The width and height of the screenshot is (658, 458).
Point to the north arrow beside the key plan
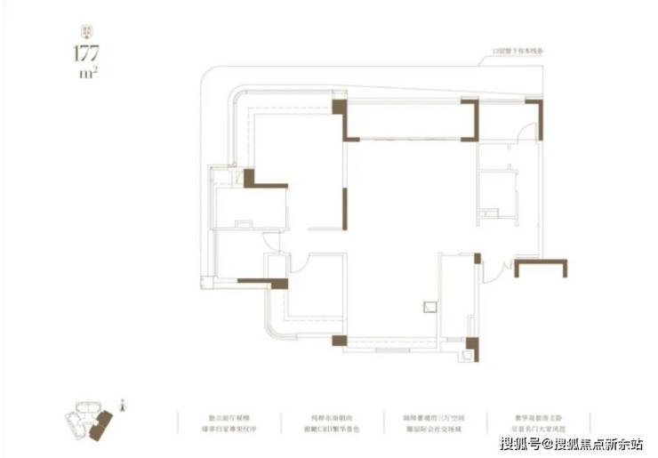click(124, 406)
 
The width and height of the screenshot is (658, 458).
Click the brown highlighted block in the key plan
click(104, 423)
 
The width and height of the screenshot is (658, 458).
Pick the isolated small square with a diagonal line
click(429, 307)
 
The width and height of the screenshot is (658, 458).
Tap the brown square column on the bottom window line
click(337, 340)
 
